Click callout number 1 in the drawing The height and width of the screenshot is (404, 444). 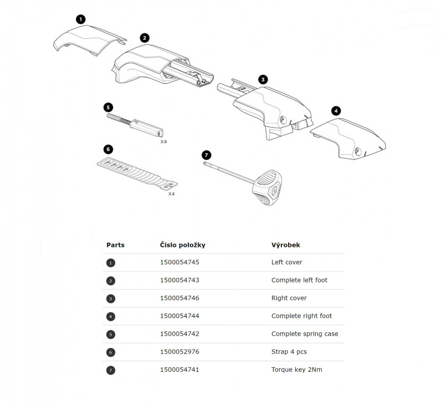click(x=81, y=19)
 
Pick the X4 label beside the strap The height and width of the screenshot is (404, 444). click(x=171, y=194)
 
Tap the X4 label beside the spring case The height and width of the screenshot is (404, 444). click(x=164, y=142)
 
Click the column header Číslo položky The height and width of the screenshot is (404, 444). click(x=183, y=245)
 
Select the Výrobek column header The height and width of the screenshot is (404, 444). click(x=286, y=245)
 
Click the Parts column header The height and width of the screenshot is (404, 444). click(x=115, y=245)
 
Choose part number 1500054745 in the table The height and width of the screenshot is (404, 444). click(x=179, y=262)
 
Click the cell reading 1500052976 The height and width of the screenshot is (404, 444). click(x=179, y=352)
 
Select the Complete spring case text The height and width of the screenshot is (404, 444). click(x=305, y=334)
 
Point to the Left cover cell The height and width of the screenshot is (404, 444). click(x=287, y=262)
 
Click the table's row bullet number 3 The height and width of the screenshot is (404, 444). click(x=111, y=299)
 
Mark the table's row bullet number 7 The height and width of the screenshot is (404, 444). click(x=111, y=370)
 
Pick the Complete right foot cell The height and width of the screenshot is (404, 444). click(x=301, y=316)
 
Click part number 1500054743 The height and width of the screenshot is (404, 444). click(x=179, y=280)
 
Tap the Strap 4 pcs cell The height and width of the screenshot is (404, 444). click(x=289, y=352)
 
